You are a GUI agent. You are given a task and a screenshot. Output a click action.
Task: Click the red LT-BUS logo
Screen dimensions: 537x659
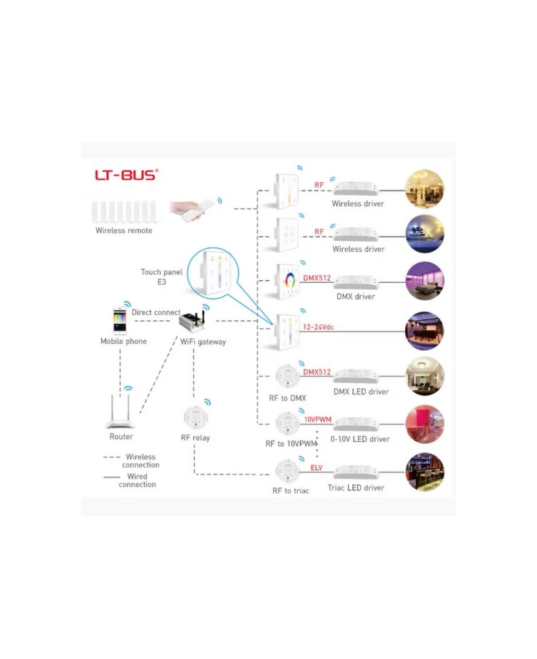127,174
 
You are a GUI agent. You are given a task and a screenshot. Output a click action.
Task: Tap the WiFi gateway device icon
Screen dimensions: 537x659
192,321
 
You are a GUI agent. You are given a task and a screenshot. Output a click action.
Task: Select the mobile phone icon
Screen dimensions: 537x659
119,321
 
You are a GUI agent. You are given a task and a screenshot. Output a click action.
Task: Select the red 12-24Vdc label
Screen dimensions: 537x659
318,327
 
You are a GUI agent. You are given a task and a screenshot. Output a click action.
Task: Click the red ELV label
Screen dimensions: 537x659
316,468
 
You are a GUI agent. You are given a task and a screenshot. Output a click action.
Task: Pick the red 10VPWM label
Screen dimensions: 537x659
317,419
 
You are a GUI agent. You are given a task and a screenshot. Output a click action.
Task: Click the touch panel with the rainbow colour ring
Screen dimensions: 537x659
288,281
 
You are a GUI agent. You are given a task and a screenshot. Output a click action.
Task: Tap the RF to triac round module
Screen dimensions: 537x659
288,472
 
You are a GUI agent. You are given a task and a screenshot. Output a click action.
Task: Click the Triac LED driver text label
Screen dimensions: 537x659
356,487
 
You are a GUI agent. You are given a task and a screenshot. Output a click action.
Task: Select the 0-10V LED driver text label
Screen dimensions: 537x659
360,439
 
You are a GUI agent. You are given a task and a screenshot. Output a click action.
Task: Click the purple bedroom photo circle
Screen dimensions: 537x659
425,281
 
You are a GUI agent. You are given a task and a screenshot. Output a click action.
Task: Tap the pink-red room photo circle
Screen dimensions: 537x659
425,424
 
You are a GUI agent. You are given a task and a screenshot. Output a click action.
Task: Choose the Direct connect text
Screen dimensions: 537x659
156,312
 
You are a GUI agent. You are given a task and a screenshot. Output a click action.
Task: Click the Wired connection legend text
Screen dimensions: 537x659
137,481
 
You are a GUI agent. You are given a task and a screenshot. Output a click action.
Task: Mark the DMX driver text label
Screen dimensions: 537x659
356,296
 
